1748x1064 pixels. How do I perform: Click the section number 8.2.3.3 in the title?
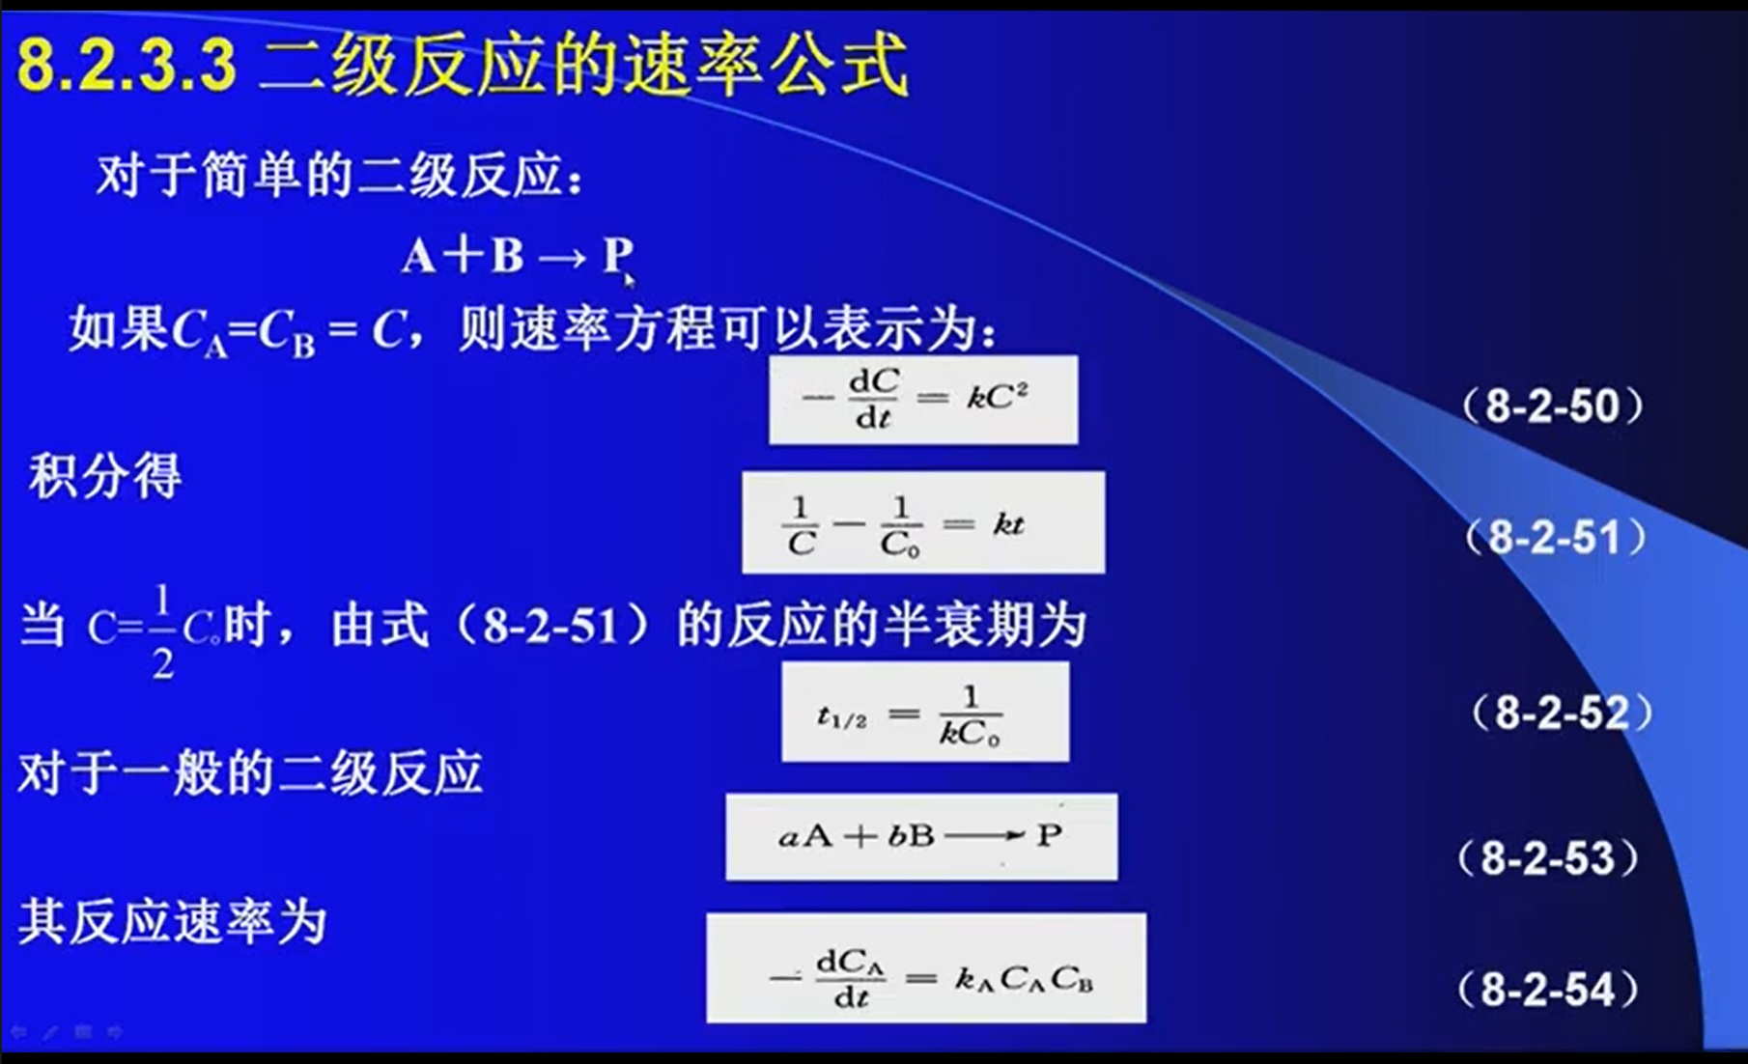click(127, 65)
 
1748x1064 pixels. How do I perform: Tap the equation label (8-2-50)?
click(1553, 406)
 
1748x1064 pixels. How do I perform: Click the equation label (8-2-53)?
click(1548, 858)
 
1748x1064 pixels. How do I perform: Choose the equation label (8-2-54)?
click(1548, 990)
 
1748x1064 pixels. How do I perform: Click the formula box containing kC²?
click(923, 400)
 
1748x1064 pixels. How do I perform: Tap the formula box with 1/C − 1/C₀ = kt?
click(923, 522)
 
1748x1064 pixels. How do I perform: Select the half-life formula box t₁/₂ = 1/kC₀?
click(925, 712)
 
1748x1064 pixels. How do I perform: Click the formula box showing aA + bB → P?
click(921, 837)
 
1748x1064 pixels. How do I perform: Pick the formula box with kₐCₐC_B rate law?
click(926, 968)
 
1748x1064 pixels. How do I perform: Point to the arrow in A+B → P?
click(562, 258)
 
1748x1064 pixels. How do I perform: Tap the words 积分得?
click(105, 476)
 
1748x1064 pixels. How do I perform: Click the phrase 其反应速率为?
click(173, 921)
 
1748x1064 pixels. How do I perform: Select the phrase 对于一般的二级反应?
click(250, 773)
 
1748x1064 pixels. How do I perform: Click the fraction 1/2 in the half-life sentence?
click(162, 631)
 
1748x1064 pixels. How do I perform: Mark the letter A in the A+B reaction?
click(419, 257)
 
